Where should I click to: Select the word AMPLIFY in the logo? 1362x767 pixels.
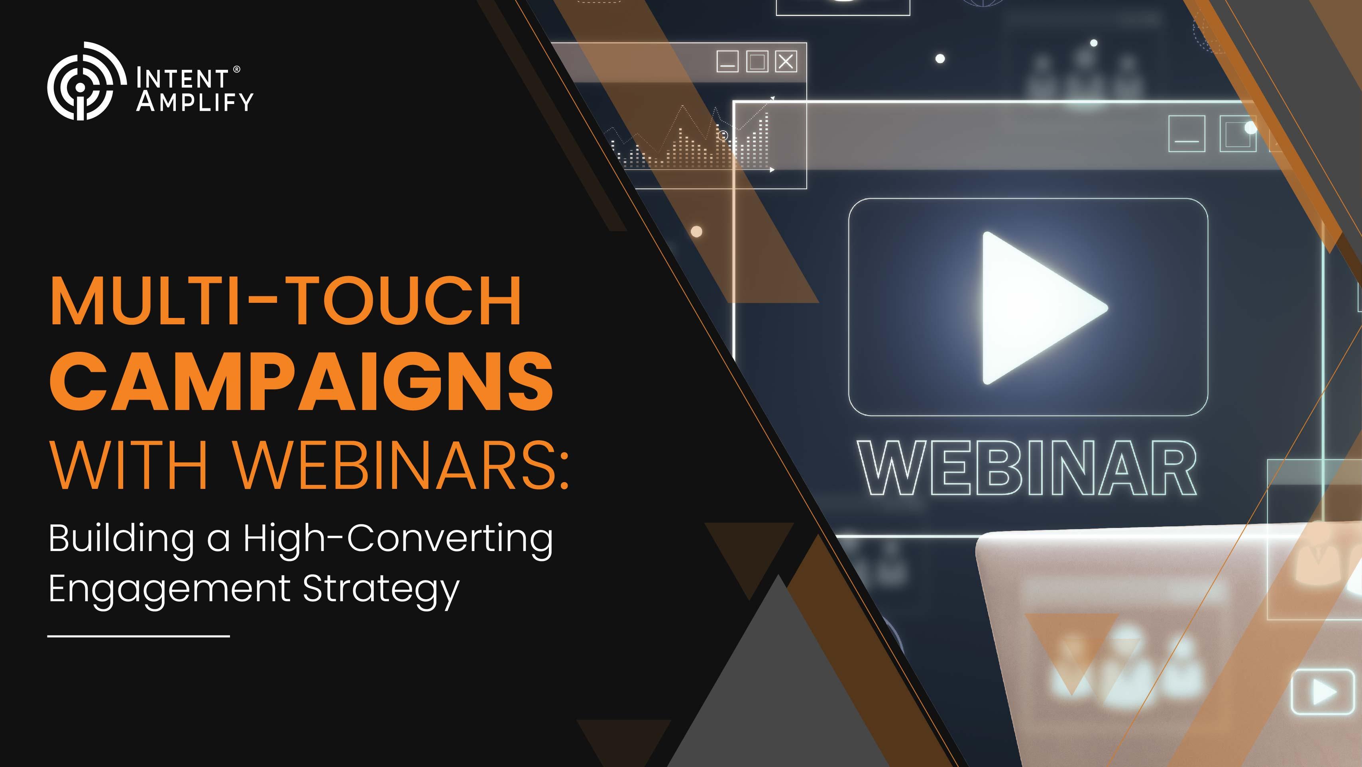[x=195, y=102]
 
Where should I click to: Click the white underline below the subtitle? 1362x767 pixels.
[x=139, y=636]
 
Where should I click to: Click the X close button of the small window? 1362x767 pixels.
[x=786, y=61]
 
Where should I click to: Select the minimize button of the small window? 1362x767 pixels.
[x=727, y=61]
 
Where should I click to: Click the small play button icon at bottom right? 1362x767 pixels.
[x=1323, y=691]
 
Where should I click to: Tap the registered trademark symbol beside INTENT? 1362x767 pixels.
[x=236, y=69]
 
